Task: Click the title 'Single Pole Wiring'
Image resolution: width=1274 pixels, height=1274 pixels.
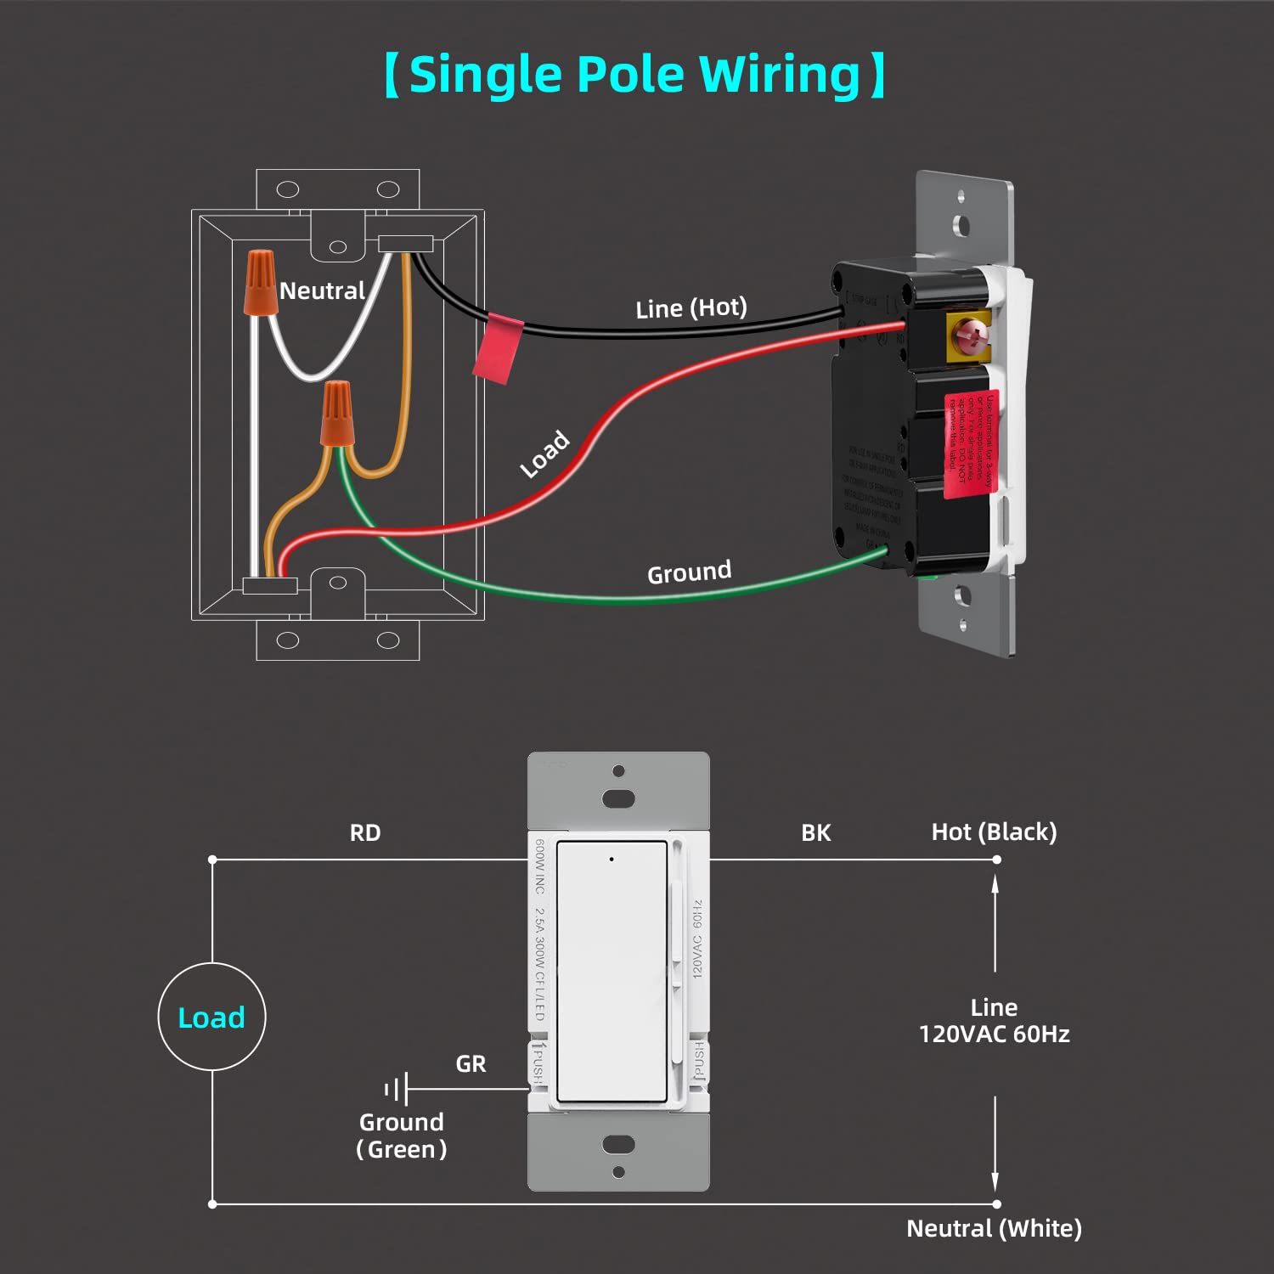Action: coord(634,75)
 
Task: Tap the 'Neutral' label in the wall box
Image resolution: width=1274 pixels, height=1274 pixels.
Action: coord(322,291)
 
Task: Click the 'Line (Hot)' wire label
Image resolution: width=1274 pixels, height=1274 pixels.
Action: coord(691,307)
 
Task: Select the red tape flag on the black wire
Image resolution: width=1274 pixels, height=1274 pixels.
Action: coord(498,349)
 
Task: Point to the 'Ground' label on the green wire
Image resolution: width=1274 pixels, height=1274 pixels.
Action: coord(689,572)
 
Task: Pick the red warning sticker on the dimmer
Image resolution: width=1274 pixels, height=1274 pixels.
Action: coord(971,443)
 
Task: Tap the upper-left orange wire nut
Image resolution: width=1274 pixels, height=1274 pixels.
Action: coord(261,282)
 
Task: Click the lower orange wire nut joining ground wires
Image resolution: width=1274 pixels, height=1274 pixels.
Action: coord(337,414)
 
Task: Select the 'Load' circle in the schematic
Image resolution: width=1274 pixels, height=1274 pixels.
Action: coord(211,1017)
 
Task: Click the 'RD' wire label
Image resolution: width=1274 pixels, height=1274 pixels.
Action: coord(365,833)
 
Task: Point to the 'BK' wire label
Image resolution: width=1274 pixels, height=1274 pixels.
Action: coord(815,833)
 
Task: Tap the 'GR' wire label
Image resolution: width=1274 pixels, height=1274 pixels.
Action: coord(471,1064)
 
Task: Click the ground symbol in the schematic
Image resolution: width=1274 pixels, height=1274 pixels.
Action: coord(397,1088)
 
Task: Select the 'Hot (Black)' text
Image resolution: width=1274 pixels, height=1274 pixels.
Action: coord(994,832)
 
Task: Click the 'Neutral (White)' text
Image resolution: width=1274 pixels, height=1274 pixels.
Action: coord(994,1229)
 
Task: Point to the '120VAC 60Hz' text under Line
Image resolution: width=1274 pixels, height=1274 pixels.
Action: coord(994,1034)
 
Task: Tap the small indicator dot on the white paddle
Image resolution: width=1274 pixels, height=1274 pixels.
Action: coord(612,860)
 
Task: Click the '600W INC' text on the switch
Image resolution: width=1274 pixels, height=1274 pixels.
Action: coord(539,866)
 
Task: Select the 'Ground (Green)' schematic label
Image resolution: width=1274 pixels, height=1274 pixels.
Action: coord(402,1136)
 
